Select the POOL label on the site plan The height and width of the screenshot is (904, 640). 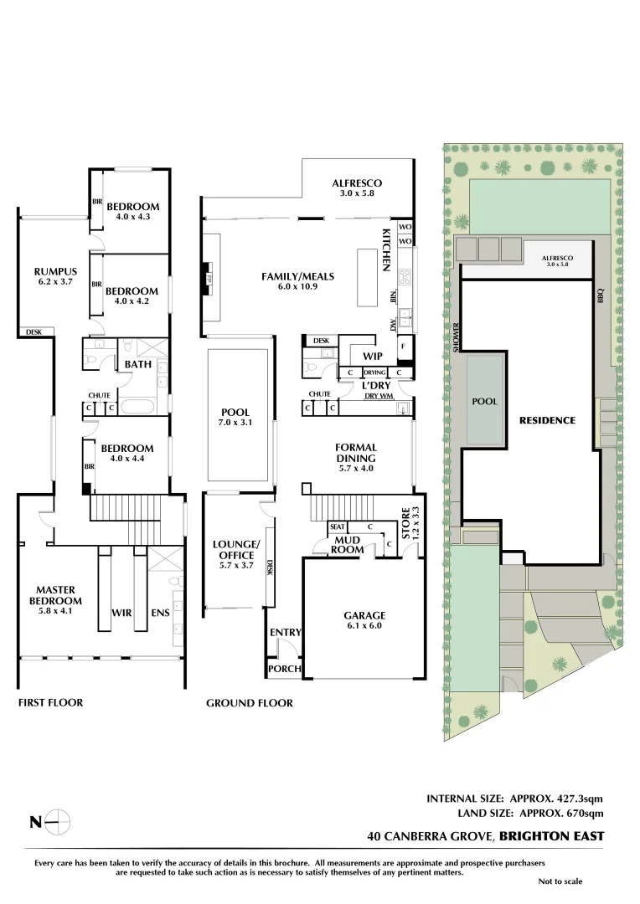pos(485,402)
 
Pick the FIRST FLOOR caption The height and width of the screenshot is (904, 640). pos(50,702)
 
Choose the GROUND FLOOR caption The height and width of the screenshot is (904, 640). pos(250,703)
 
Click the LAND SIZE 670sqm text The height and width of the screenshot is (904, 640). pos(529,813)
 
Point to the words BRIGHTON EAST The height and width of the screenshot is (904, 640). pos(552,835)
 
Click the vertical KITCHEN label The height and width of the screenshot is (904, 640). pos(387,249)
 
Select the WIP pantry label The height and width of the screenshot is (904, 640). pos(373,356)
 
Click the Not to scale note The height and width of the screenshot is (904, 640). pos(560,881)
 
